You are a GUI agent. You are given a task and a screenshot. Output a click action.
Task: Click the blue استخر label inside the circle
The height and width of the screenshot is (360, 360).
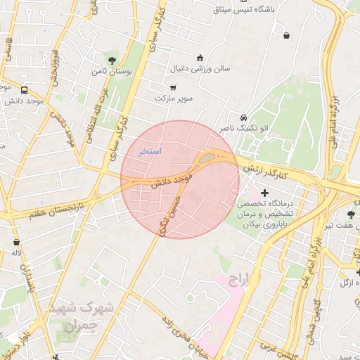pos(150,151)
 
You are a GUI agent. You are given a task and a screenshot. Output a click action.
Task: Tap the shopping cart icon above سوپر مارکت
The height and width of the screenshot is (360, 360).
pos(173,88)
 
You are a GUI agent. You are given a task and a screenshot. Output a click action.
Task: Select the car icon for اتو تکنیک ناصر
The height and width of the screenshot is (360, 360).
pos(243,117)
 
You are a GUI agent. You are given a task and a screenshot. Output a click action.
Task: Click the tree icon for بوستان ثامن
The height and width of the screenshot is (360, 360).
pos(112,59)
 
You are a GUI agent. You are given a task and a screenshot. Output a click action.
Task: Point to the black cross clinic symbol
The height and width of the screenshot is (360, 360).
pos(264,193)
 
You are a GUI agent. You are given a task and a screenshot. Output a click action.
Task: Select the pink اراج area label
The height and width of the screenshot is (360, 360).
pos(238,281)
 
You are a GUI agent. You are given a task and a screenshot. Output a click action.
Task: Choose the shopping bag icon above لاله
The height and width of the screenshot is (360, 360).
pos(16,242)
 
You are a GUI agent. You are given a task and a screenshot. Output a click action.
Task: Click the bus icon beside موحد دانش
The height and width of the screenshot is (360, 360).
pos(25,90)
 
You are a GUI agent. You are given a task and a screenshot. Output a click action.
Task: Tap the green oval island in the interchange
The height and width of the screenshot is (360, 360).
pos(207,158)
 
